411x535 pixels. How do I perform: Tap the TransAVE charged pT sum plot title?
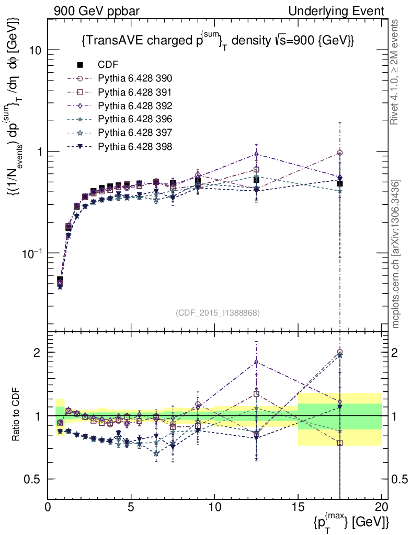click(x=219, y=41)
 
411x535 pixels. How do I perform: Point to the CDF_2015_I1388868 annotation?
click(x=218, y=312)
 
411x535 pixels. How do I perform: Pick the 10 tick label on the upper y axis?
click(x=35, y=50)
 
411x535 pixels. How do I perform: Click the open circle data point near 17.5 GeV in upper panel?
click(x=340, y=153)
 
